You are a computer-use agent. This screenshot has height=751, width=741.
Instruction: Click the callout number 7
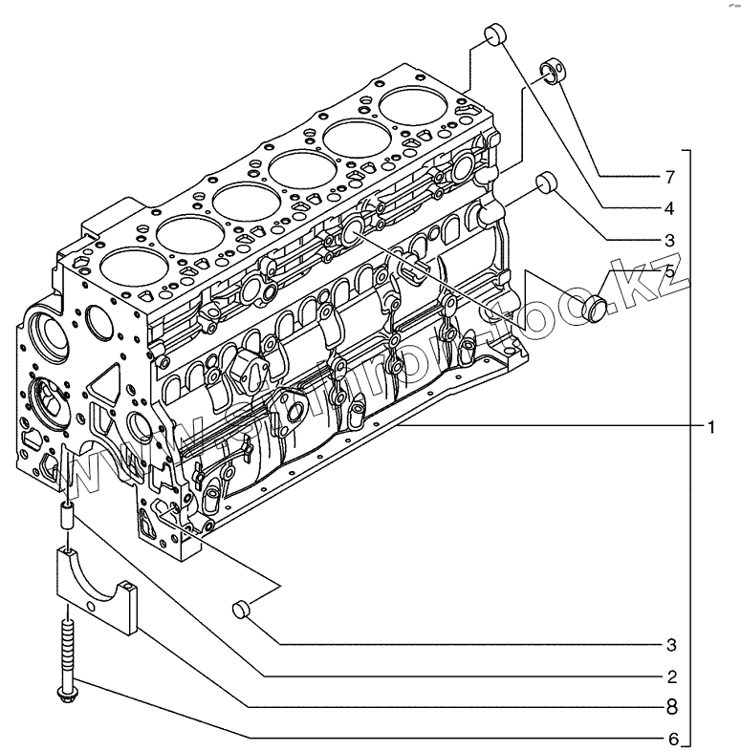[x=670, y=177]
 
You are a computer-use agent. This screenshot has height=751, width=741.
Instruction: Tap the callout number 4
[x=670, y=207]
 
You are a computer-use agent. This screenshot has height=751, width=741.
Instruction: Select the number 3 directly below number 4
[x=670, y=239]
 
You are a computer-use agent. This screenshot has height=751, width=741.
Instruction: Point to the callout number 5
[x=669, y=271]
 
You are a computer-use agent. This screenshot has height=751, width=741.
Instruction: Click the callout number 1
[x=711, y=426]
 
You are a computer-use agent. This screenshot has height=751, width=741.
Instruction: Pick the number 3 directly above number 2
[x=671, y=643]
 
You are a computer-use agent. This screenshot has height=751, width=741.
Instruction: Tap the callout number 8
[x=671, y=707]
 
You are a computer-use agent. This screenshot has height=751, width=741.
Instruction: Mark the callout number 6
[x=671, y=739]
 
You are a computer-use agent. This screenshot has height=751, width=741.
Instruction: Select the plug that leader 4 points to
[x=494, y=33]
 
